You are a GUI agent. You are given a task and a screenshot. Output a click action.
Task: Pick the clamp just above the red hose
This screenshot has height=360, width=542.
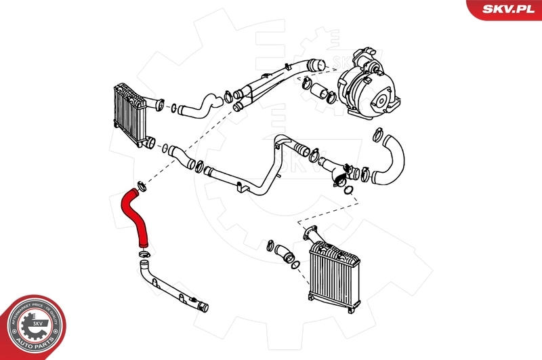coord(142,185)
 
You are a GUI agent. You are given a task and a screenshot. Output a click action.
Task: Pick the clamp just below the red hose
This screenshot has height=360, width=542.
coord(144,255)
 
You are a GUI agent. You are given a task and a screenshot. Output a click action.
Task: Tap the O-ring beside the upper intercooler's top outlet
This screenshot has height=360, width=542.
coord(175,107)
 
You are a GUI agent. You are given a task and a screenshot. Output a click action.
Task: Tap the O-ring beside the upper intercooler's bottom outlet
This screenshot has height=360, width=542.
coord(165,145)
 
